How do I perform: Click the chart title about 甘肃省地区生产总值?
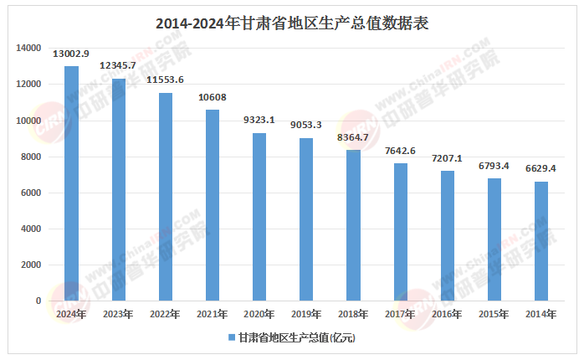[x=292, y=23]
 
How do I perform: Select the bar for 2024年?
[x=71, y=183]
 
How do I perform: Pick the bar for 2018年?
[x=354, y=225]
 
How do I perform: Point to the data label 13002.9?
[x=71, y=54]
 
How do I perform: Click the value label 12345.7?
[x=118, y=65]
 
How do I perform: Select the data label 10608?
[x=213, y=97]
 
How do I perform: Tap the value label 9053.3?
[x=306, y=125]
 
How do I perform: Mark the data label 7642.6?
[x=401, y=150]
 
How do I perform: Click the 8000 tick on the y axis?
[x=31, y=157]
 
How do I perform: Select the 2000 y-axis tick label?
[x=31, y=265]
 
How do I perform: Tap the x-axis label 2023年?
[x=118, y=314]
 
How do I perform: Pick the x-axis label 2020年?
[x=259, y=314]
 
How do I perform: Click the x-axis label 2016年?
[x=448, y=314]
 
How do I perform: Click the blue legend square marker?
[x=231, y=337]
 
